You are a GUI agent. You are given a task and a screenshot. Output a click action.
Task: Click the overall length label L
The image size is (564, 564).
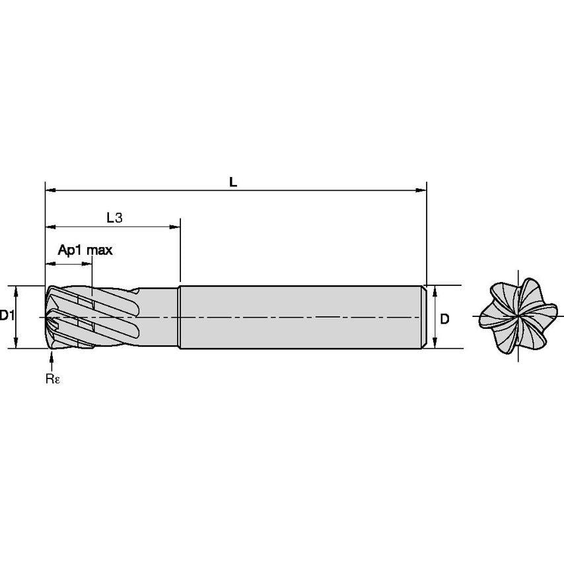click(232, 182)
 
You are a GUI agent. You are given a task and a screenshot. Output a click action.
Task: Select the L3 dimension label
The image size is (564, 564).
click(115, 217)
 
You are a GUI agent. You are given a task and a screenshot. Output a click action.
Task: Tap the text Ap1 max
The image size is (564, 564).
click(85, 250)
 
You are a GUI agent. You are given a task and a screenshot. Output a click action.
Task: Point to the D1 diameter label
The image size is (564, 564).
click(7, 316)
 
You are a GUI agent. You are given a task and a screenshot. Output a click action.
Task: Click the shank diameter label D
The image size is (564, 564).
click(445, 319)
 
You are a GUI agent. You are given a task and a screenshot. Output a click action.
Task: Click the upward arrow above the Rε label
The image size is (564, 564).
click(52, 357)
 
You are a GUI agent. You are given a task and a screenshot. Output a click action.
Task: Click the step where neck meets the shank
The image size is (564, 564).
click(180, 317)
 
